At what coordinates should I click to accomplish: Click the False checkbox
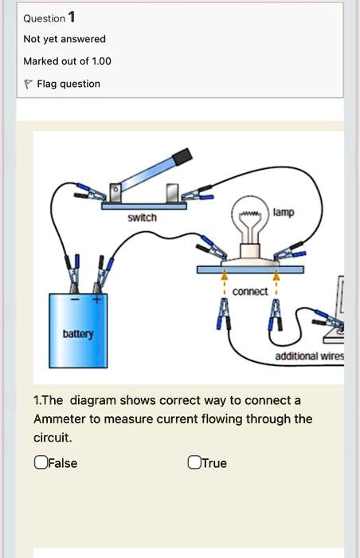[40, 462]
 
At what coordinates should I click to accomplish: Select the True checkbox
[194, 462]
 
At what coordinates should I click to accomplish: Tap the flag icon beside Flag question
[28, 84]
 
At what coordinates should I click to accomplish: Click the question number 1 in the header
[72, 18]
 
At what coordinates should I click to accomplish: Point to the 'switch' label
[143, 218]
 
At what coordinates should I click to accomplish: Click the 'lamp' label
[284, 213]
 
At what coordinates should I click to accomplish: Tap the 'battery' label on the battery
[78, 333]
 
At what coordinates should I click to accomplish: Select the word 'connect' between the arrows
[250, 292]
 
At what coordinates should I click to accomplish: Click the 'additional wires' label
[309, 356]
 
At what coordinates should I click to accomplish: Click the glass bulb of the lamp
[249, 220]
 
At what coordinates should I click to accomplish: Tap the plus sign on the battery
[98, 300]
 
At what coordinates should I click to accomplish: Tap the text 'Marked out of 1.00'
[68, 61]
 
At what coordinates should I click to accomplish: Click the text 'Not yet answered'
[65, 38]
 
